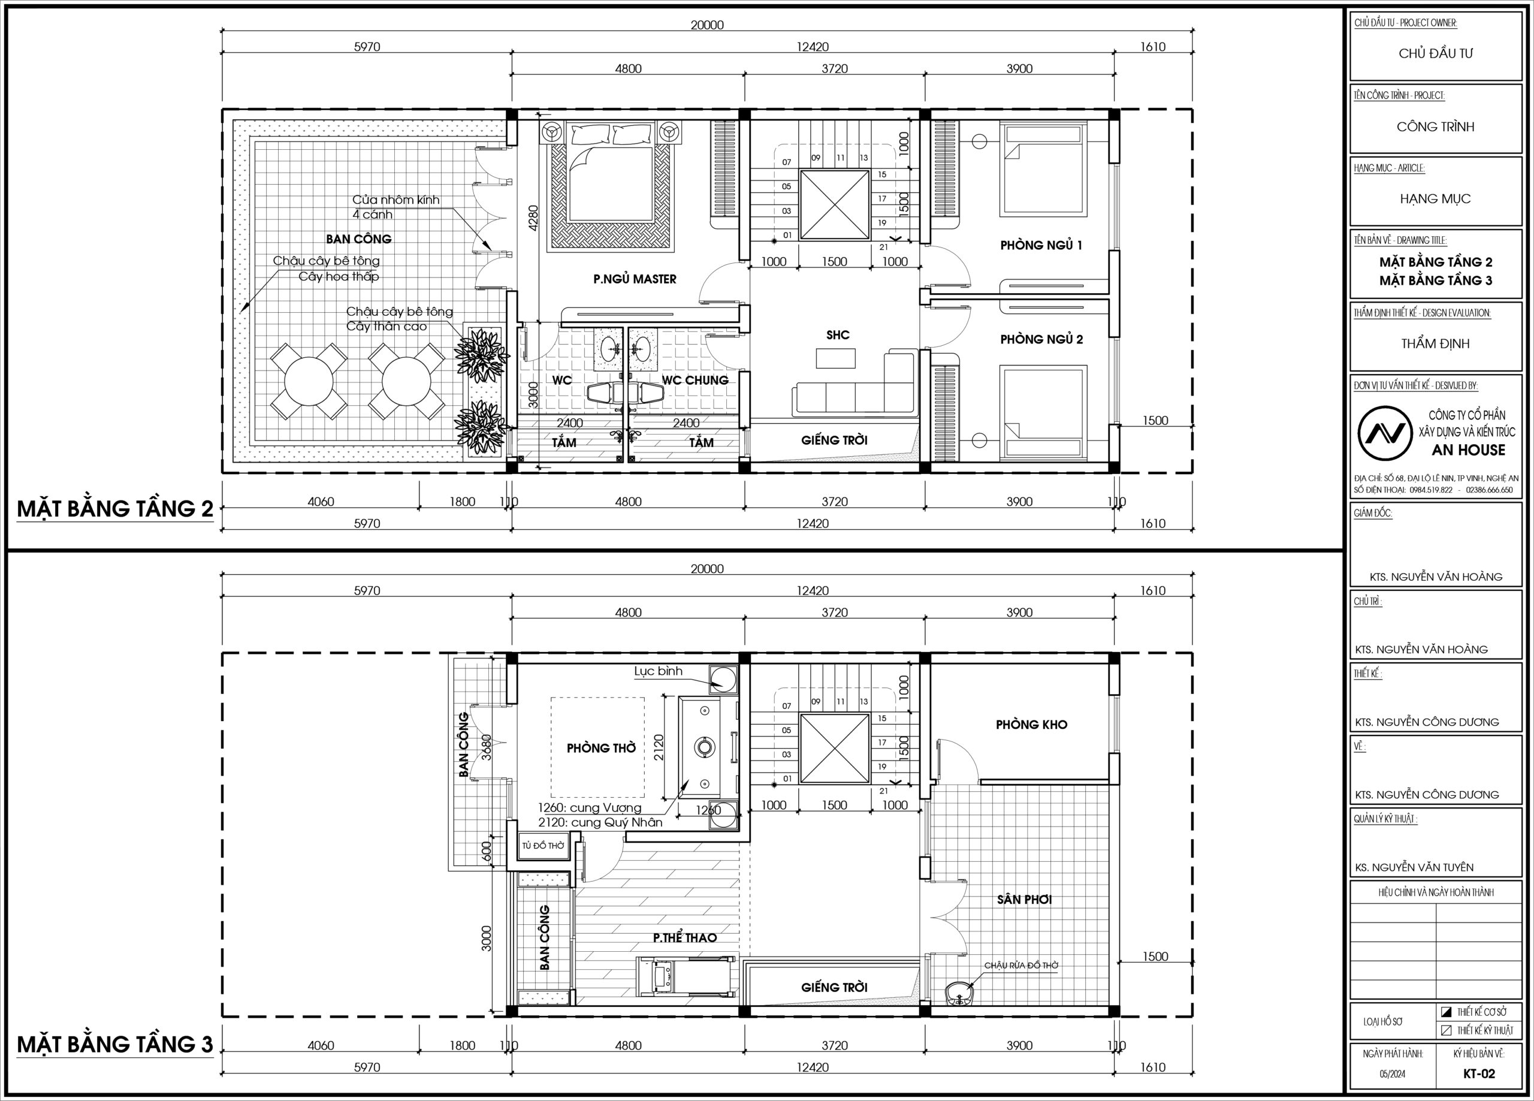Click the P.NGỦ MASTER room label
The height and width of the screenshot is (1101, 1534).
coord(635,279)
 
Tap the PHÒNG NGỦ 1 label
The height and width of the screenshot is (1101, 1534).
coord(1041,245)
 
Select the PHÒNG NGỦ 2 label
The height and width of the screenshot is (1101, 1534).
coord(1041,339)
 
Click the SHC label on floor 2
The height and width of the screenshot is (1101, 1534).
coord(837,335)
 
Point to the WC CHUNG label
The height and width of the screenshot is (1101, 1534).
coord(694,381)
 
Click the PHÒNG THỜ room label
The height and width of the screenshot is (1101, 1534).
coord(601,748)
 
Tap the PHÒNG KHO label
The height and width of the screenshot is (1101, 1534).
coord(1031,725)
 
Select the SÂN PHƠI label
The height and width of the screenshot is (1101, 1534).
coord(1024,900)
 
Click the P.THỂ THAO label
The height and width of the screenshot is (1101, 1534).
coord(684,937)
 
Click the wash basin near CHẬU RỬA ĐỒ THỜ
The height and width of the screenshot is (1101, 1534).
coord(958,993)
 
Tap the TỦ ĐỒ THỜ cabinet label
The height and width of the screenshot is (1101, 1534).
coord(542,846)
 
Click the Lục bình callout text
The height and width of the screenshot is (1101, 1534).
coord(658,671)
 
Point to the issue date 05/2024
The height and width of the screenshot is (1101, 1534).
coord(1393,1074)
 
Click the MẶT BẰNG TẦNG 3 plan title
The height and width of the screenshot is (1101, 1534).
coord(115,1045)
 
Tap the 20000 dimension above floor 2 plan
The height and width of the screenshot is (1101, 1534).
coord(707,25)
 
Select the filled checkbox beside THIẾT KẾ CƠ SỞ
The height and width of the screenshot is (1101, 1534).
coord(1446,1012)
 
